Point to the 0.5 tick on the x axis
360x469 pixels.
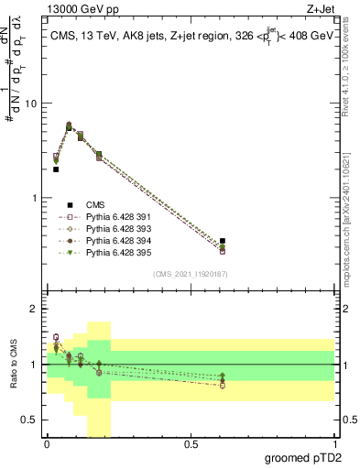pos(191,444)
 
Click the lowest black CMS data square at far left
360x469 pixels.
pos(56,169)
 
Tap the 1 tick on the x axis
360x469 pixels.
pos(335,444)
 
